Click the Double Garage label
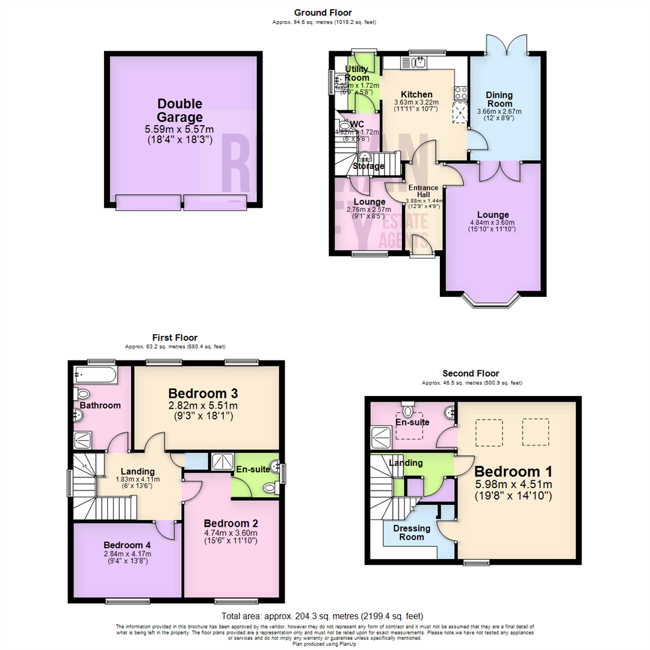179,110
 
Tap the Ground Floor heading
323,13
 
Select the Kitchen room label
416,94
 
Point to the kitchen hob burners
462,92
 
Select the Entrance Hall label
424,191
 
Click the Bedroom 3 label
203,394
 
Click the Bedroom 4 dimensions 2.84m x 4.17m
127,554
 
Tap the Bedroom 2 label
230,522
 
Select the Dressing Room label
412,533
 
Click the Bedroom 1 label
513,471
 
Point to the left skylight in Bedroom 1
487,433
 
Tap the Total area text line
323,616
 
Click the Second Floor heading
471,373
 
